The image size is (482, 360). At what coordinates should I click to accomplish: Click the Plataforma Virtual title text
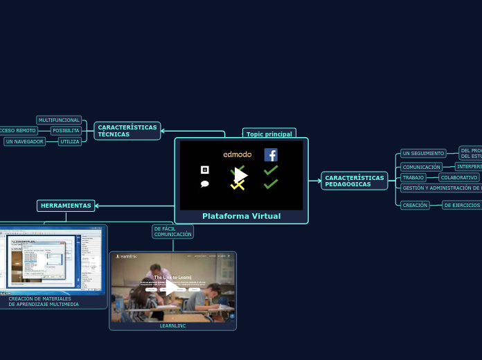click(241, 216)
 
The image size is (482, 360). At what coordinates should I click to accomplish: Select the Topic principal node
click(269, 134)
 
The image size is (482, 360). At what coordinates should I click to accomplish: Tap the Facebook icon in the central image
click(271, 155)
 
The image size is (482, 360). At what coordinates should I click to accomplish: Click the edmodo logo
click(238, 154)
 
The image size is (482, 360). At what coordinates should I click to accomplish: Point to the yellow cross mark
click(238, 185)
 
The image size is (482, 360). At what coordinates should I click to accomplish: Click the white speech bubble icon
click(205, 184)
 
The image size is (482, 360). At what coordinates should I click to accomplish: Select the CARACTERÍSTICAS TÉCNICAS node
click(127, 131)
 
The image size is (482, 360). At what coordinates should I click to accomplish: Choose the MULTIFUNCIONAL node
click(59, 120)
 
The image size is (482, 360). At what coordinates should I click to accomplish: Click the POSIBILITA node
click(66, 131)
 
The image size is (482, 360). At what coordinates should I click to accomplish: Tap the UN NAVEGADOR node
click(24, 142)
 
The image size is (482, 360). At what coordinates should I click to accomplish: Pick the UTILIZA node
click(69, 142)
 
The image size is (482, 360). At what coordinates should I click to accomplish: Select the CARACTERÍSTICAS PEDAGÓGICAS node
click(354, 181)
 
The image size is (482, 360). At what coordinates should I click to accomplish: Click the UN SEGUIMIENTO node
click(423, 153)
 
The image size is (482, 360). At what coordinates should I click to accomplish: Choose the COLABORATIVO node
click(459, 178)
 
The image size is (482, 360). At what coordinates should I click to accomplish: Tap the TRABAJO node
click(413, 178)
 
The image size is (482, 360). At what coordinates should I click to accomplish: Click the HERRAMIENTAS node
click(66, 206)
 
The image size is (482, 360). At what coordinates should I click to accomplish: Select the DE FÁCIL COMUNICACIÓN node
click(172, 231)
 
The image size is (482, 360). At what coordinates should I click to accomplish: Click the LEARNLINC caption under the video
click(172, 325)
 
